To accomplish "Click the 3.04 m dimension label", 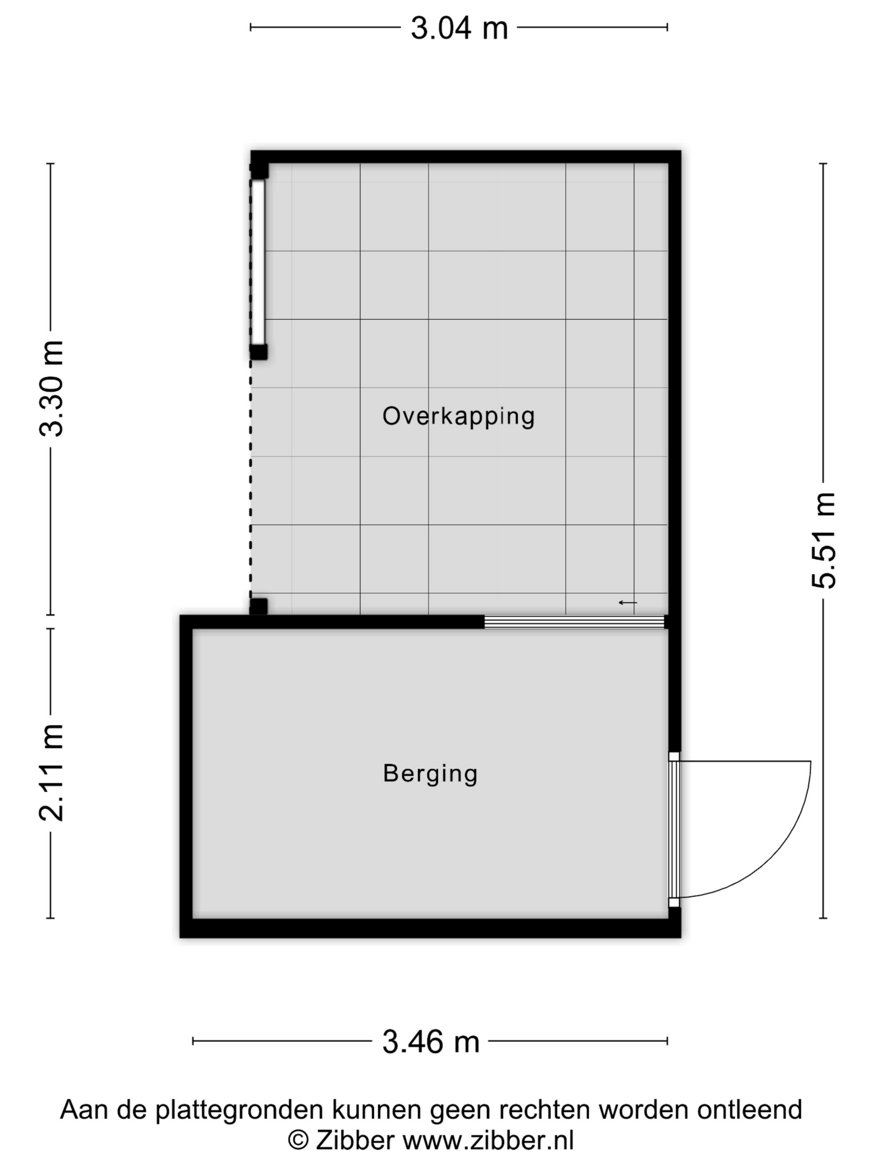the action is pyautogui.click(x=459, y=28).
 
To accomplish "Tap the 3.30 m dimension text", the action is pyautogui.click(x=51, y=389).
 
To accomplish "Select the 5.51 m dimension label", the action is pyautogui.click(x=823, y=540).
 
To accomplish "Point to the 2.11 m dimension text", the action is pyautogui.click(x=51, y=773).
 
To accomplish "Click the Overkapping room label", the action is pyautogui.click(x=458, y=416).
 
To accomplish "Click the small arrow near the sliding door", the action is pyautogui.click(x=628, y=602).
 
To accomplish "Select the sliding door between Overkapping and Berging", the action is pyautogui.click(x=574, y=622).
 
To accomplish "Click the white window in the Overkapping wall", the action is pyautogui.click(x=258, y=262).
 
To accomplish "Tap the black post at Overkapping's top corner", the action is pyautogui.click(x=259, y=171).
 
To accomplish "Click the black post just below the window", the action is pyautogui.click(x=259, y=352).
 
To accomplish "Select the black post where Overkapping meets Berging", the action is pyautogui.click(x=259, y=606).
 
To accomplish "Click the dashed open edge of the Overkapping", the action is pyautogui.click(x=251, y=479).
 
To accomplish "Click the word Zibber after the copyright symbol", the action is pyautogui.click(x=355, y=1141).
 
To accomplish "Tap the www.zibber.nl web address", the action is pyautogui.click(x=488, y=1141).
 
